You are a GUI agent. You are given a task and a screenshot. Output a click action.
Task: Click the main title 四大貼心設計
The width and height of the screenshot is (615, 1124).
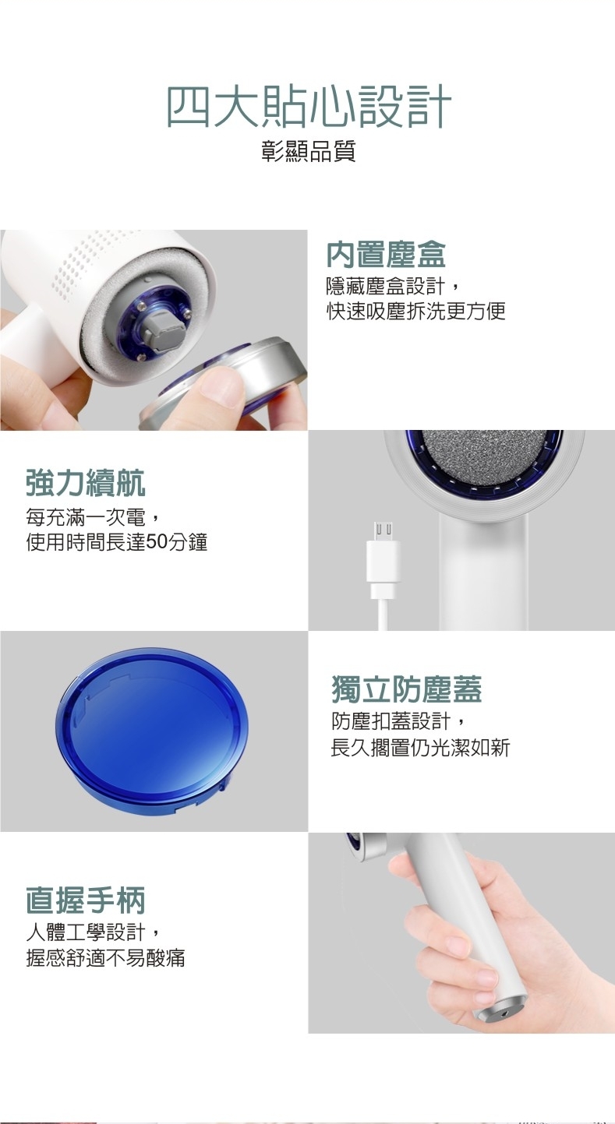pos(308,107)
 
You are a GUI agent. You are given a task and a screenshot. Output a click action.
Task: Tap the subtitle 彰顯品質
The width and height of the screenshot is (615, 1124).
pos(308,151)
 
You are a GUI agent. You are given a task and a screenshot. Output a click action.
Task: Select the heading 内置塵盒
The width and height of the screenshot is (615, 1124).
pos(386,255)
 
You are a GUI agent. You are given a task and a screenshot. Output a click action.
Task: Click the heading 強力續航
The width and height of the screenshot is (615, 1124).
pos(85,482)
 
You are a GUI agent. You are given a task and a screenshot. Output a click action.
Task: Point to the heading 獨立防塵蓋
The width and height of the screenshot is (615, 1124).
pos(407,689)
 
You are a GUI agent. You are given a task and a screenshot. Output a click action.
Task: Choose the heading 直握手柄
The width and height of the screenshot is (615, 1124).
pos(85,900)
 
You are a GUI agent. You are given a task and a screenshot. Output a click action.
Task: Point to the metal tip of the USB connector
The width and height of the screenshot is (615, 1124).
pos(383,531)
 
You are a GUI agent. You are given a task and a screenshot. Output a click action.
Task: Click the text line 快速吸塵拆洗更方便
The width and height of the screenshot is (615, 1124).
pos(415,311)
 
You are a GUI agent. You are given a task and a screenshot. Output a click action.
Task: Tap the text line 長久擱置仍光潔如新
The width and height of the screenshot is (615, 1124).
pos(420,748)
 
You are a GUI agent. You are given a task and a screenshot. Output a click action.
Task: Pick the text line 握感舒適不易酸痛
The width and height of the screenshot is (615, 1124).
pos(105,958)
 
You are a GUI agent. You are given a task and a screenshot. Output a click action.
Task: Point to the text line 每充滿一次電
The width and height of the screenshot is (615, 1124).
pos(85,517)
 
